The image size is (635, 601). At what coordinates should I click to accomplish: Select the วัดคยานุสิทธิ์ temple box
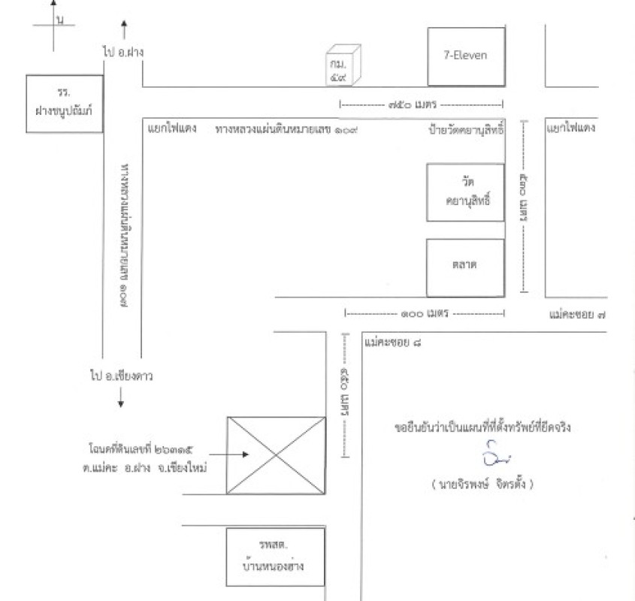tap(465, 193)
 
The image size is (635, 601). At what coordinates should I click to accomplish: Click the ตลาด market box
tap(465, 267)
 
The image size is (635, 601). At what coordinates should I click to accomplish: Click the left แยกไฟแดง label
tap(172, 128)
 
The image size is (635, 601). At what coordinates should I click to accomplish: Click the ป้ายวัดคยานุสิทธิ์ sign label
tap(464, 129)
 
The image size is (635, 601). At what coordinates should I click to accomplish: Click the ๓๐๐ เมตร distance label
tap(423, 313)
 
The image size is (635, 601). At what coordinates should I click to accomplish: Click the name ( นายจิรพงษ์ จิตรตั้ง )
tap(482, 485)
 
